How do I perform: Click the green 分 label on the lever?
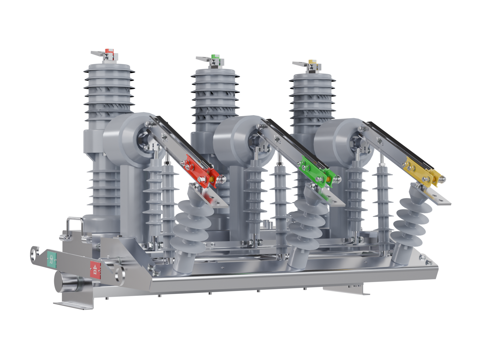pyautogui.click(x=52, y=259)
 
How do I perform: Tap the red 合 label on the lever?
pyautogui.click(x=96, y=270)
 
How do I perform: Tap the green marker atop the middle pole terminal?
pyautogui.click(x=215, y=57)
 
